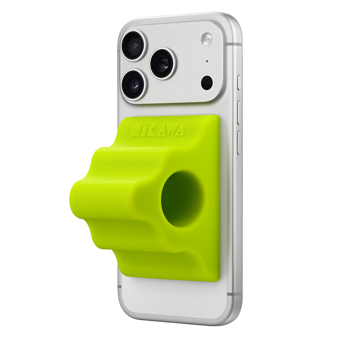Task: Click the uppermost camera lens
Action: tap(134, 45)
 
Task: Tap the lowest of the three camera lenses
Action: tap(134, 85)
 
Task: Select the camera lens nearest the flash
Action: tap(163, 64)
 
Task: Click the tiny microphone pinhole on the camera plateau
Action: tap(207, 61)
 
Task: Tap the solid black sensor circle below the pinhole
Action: tap(207, 83)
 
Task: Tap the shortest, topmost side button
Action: tap(239, 83)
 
